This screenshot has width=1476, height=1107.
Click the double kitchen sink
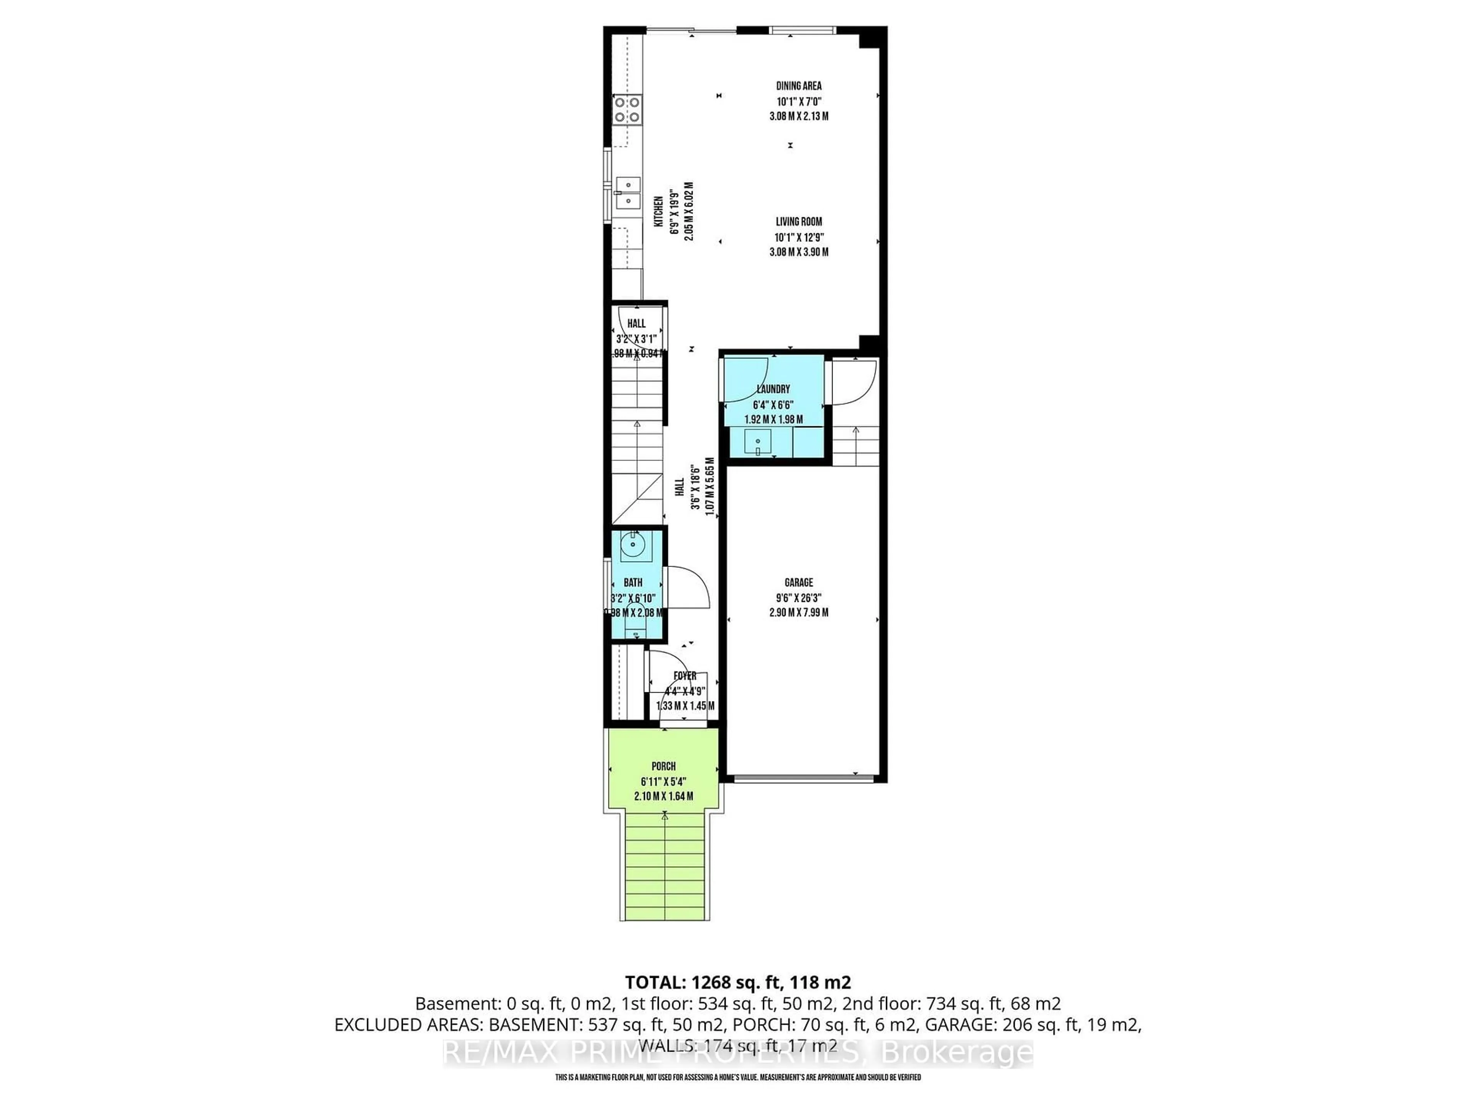pos(161,191)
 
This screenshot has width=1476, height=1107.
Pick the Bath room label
pos(633,583)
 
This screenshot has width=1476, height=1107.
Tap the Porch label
pos(663,766)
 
